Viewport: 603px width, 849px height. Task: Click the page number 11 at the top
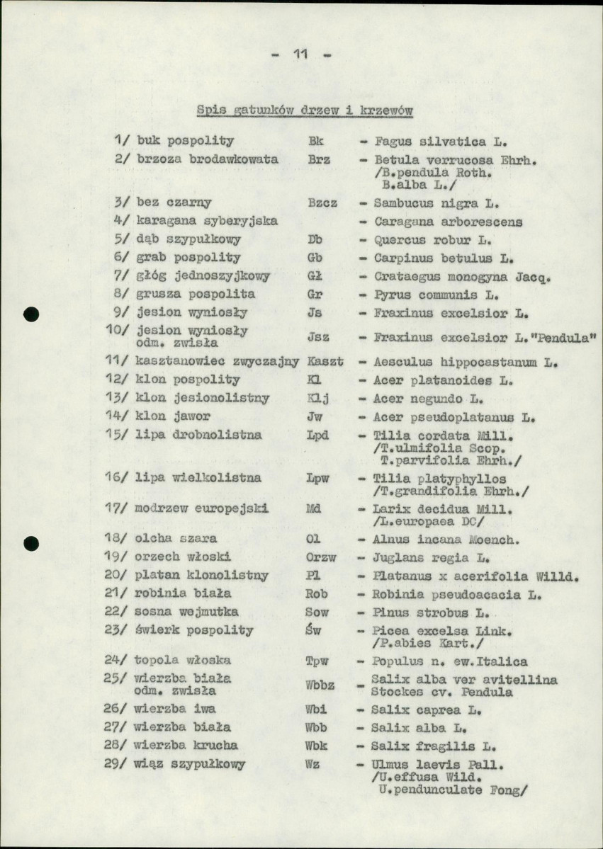[x=301, y=55]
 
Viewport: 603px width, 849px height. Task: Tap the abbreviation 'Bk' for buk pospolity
[x=316, y=141]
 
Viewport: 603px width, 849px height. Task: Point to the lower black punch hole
[x=30, y=543]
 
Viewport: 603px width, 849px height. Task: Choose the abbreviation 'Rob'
[x=316, y=593]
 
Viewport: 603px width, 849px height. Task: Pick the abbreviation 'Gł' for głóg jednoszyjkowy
[x=315, y=275]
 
